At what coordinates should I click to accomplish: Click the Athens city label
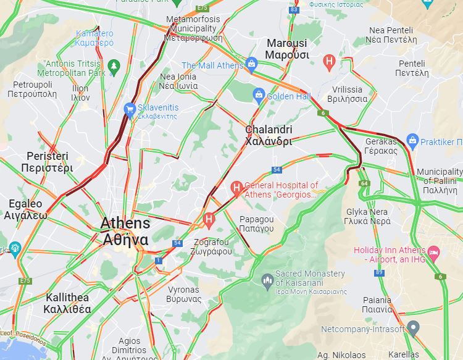tap(125, 231)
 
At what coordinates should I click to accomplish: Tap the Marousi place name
tap(287, 49)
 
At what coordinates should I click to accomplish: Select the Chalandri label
tap(269, 135)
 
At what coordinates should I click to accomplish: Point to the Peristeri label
tap(46, 162)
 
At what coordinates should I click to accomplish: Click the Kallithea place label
tap(68, 303)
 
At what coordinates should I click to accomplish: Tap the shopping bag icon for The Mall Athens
tap(251, 63)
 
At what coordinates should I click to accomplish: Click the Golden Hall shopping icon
tap(259, 94)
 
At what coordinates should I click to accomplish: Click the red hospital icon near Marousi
tap(330, 61)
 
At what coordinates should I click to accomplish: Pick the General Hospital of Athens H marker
tap(236, 187)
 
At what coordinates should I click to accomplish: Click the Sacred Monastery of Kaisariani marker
tap(267, 281)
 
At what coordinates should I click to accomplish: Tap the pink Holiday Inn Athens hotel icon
tap(433, 252)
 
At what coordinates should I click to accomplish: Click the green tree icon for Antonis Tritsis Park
tap(113, 65)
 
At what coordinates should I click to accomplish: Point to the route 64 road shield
tap(365, 183)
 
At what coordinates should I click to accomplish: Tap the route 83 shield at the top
tap(294, 10)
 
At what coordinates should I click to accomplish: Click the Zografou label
tap(212, 246)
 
